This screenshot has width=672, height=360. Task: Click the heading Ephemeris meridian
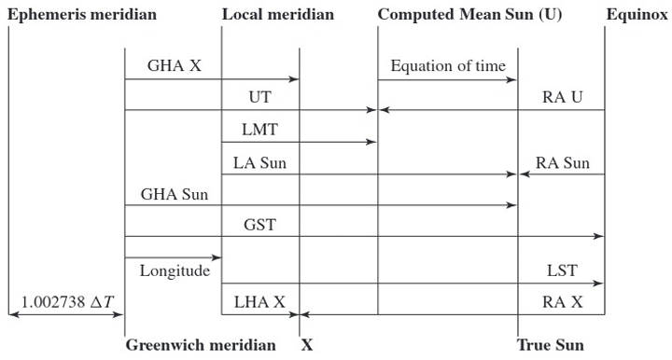(82, 16)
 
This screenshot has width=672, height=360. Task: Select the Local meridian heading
(278, 16)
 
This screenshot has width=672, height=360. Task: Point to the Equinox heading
(636, 16)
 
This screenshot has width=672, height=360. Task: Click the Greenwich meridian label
(201, 345)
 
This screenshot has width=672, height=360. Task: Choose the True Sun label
(551, 345)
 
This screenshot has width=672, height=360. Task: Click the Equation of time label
(448, 66)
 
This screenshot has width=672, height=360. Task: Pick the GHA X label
(175, 66)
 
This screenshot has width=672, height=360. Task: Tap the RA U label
(563, 97)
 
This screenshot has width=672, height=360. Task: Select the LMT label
(260, 129)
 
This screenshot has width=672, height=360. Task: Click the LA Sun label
(260, 163)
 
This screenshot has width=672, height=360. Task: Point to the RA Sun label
(563, 163)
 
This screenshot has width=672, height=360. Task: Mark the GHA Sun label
(175, 195)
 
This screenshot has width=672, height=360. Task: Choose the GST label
(260, 225)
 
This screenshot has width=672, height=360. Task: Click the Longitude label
(175, 271)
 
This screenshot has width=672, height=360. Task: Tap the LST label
(563, 271)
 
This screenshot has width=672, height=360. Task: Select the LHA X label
(260, 302)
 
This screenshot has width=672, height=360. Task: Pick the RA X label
(563, 302)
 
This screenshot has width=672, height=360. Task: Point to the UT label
(260, 97)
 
